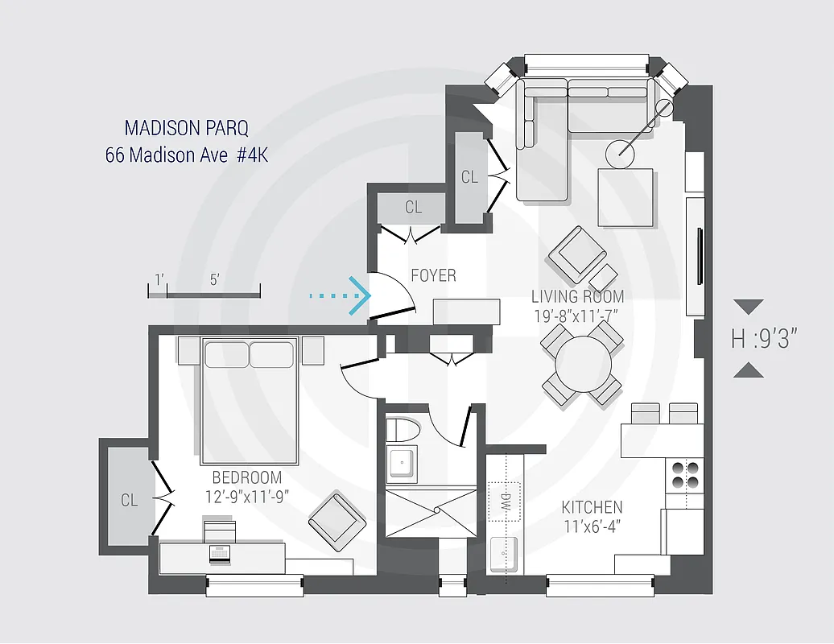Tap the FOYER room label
click(x=433, y=275)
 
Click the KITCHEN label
click(x=592, y=507)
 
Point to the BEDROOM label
click(x=246, y=477)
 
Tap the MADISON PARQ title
click(x=186, y=128)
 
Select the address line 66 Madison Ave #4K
click(x=186, y=155)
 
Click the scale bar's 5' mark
click(x=214, y=280)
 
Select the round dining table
click(x=582, y=361)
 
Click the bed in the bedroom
click(x=250, y=398)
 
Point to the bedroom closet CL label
click(x=129, y=500)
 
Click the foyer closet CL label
click(x=413, y=207)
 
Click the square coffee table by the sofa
click(x=625, y=197)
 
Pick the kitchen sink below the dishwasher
click(x=505, y=555)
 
